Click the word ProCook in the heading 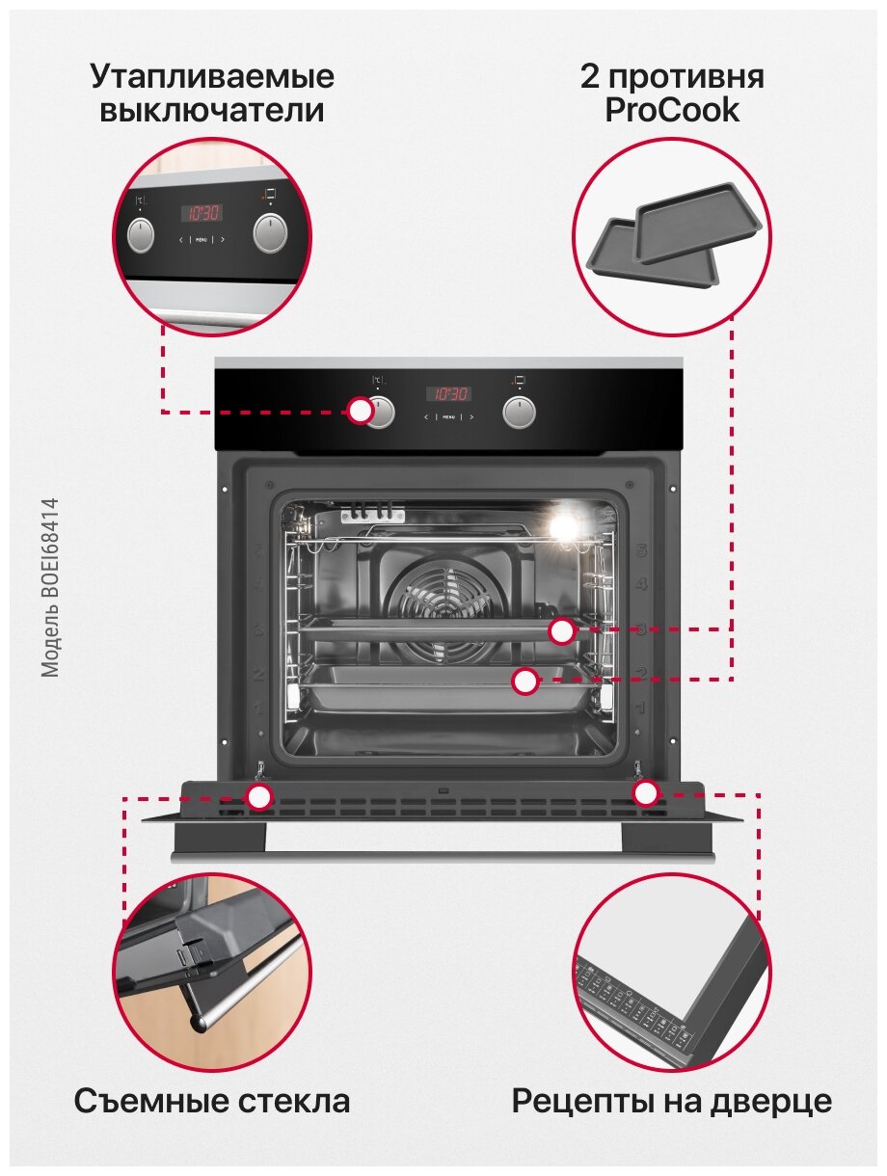[672, 111]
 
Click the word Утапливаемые [213, 76]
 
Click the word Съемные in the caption [145, 1101]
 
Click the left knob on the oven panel [381, 412]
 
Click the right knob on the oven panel [520, 412]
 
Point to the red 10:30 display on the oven [449, 393]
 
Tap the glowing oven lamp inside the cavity [564, 524]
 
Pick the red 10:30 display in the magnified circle [202, 213]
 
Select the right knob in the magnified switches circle [270, 233]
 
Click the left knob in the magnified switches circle [141, 234]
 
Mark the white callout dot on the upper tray [562, 631]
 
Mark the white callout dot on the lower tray [524, 682]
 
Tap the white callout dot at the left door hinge [258, 797]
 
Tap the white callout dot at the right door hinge [645, 793]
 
